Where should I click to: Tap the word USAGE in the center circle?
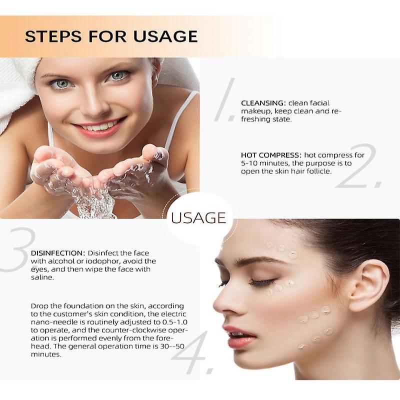198,218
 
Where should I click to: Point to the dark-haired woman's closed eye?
261,283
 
